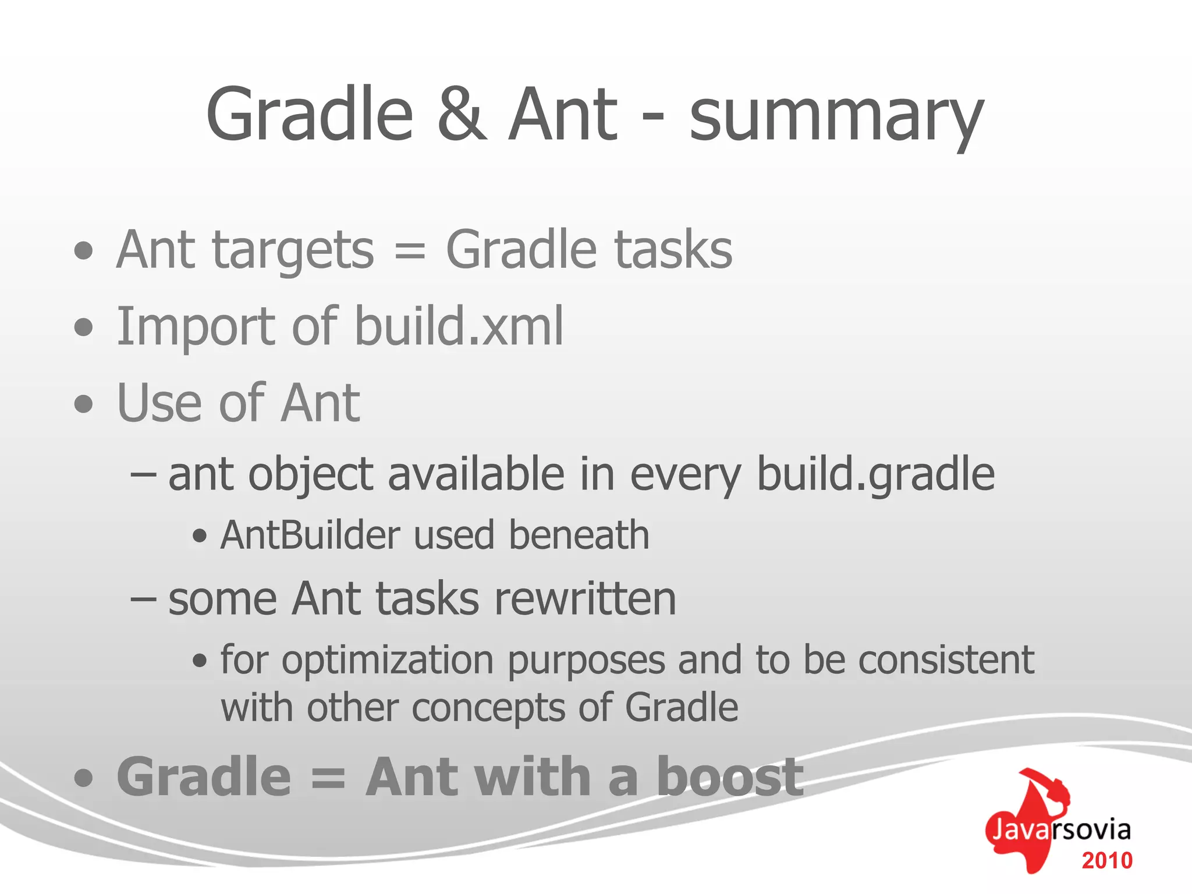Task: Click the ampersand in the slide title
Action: [462, 115]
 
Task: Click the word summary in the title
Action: [836, 116]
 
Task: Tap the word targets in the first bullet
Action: [294, 251]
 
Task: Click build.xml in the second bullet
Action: [459, 327]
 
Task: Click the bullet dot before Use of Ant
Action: [84, 404]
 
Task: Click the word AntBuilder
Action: [310, 535]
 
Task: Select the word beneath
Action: [579, 535]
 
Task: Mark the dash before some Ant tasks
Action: [143, 599]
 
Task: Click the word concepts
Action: [488, 708]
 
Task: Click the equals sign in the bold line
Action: [328, 778]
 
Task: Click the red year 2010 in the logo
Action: [1106, 861]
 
